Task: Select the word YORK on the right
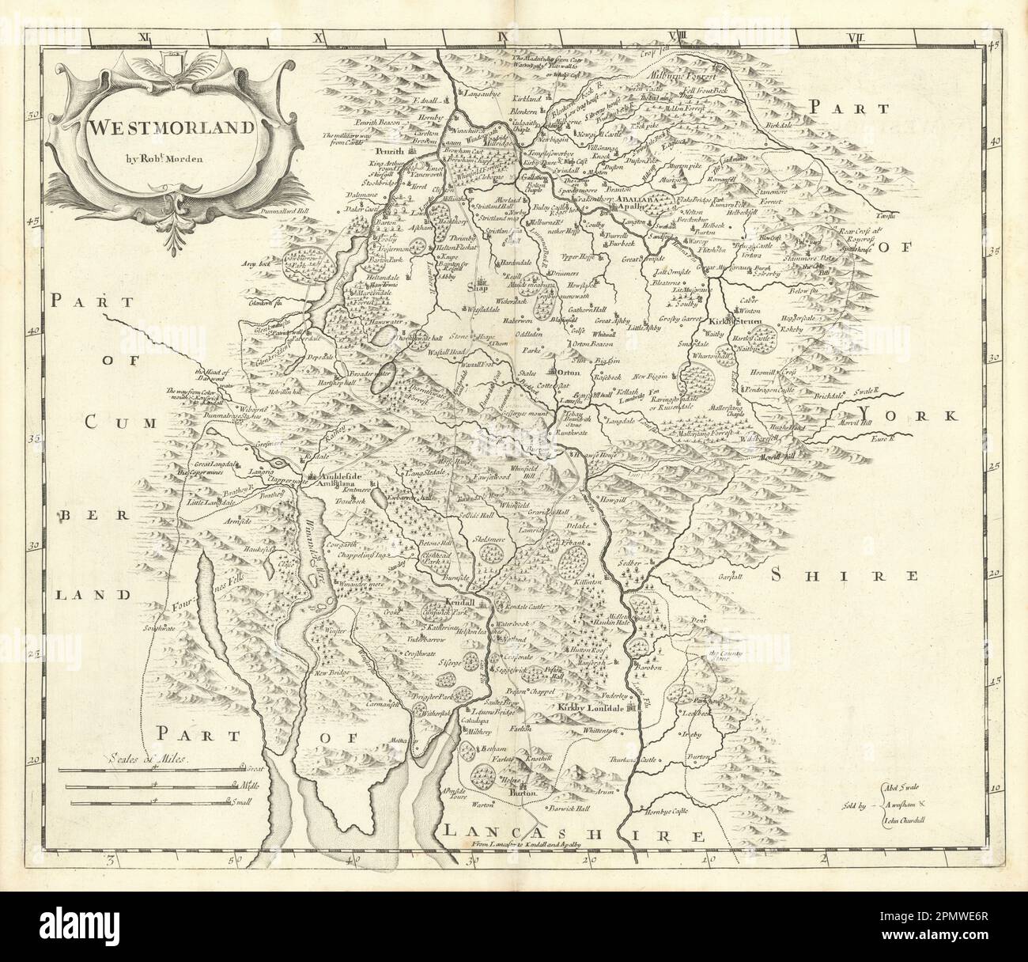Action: (x=909, y=415)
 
